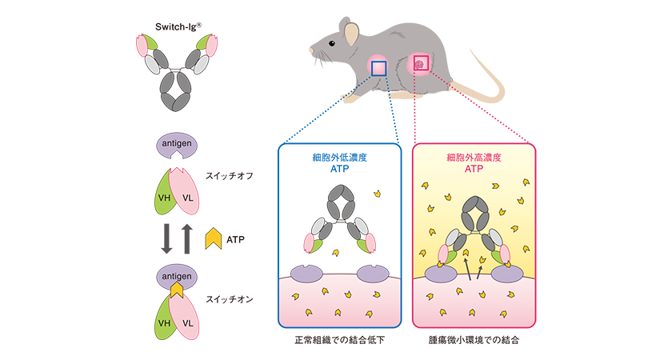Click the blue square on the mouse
coord(378,68)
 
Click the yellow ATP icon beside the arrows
coord(214,238)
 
